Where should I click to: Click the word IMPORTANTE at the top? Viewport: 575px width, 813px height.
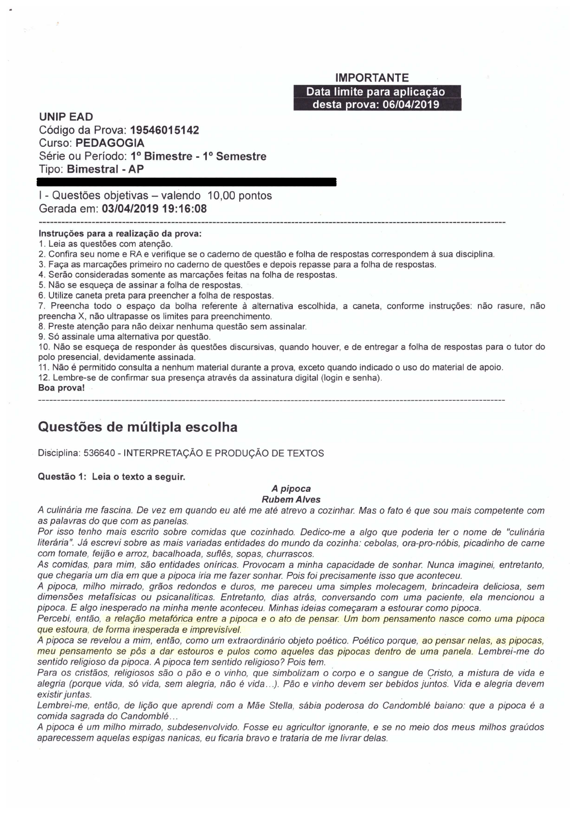click(x=372, y=78)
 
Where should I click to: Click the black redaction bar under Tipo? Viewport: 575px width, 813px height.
click(x=187, y=182)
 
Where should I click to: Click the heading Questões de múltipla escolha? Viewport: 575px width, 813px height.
click(x=137, y=427)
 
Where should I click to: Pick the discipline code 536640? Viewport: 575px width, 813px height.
click(x=99, y=453)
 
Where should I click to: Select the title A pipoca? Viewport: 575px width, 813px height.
click(x=291, y=489)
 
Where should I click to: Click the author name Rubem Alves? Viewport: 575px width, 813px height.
click(x=291, y=499)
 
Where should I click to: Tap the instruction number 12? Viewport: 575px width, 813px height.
click(x=43, y=378)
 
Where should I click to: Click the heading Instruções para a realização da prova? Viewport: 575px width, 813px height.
click(x=119, y=234)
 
